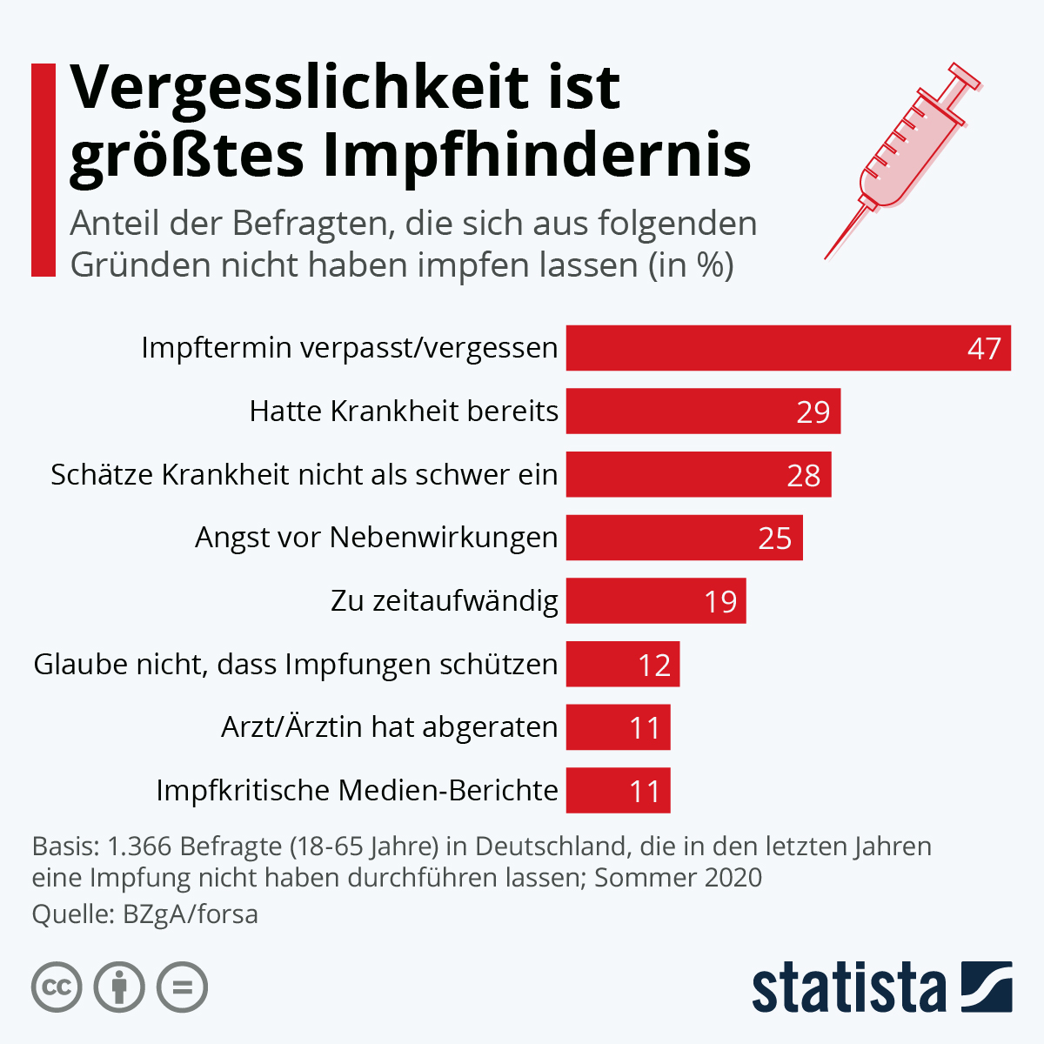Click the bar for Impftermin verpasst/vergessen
tap(787, 348)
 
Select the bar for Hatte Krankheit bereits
tap(703, 412)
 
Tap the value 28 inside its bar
tap(803, 475)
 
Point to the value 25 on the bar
tap(774, 539)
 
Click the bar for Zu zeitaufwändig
tap(655, 601)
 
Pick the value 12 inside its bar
tap(654, 666)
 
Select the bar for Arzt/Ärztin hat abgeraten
tap(618, 727)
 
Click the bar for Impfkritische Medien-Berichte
tap(618, 791)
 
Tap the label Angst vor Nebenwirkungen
tap(376, 538)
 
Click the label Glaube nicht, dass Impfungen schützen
tap(296, 665)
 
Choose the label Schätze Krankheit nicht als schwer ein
tap(304, 475)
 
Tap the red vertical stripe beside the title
tap(43, 170)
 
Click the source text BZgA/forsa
tap(191, 914)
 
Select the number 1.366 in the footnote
tap(142, 847)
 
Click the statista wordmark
tap(848, 988)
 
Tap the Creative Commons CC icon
tap(57, 987)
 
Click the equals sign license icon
tap(183, 987)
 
